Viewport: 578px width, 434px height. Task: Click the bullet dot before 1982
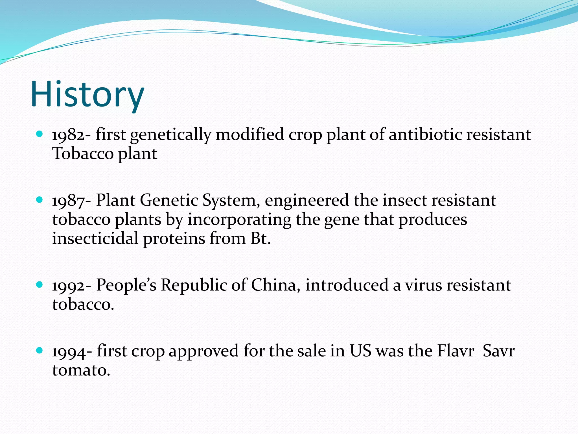pos(40,134)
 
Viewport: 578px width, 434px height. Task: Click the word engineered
pos(306,201)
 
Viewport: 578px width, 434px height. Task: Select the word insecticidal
pos(95,238)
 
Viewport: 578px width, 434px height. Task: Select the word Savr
pos(499,351)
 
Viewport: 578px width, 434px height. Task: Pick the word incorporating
pos(239,220)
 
